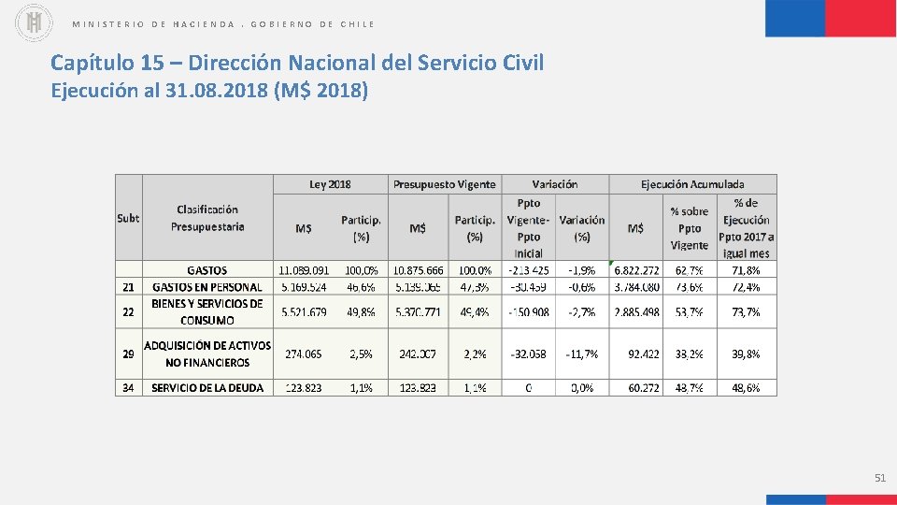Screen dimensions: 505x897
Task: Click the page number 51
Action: pyautogui.click(x=879, y=478)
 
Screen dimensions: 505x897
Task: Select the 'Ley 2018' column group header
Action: pyautogui.click(x=330, y=184)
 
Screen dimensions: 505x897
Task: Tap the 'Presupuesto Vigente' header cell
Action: pyautogui.click(x=444, y=184)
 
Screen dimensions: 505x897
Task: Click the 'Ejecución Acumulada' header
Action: pyautogui.click(x=692, y=184)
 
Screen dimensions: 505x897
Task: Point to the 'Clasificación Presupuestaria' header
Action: pyautogui.click(x=207, y=218)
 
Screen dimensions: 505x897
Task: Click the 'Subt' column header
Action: pyautogui.click(x=128, y=218)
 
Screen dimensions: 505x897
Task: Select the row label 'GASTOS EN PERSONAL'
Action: pyautogui.click(x=207, y=287)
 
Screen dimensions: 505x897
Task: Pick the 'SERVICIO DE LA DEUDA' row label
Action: pyautogui.click(x=207, y=387)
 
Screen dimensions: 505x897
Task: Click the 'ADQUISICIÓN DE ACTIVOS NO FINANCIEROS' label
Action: pyautogui.click(x=207, y=353)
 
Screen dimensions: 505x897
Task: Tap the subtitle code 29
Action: pyautogui.click(x=128, y=353)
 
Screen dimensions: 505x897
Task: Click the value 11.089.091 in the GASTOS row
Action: pyautogui.click(x=304, y=270)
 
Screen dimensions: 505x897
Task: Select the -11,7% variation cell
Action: pyautogui.click(x=582, y=353)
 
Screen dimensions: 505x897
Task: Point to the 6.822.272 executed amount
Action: pyautogui.click(x=635, y=270)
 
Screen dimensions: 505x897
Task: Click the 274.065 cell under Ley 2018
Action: pyautogui.click(x=304, y=353)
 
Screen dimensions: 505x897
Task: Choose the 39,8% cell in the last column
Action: pyautogui.click(x=746, y=353)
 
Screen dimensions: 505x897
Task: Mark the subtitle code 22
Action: pyautogui.click(x=128, y=311)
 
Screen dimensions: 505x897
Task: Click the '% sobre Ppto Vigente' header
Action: pyautogui.click(x=690, y=228)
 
